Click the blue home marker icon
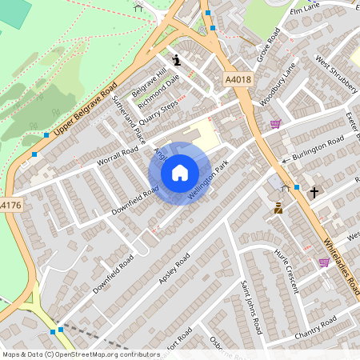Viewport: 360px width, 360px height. point(180,172)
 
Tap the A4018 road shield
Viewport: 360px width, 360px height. point(238,79)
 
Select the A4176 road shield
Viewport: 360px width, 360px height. point(9,206)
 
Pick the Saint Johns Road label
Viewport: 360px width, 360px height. point(253,308)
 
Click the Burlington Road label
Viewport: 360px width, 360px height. point(318,148)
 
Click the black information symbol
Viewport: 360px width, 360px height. point(176,58)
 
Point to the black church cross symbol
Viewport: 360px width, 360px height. point(314,192)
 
